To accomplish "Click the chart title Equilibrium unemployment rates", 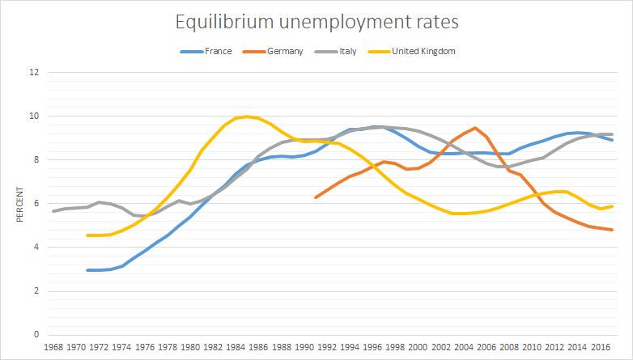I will click(x=316, y=22).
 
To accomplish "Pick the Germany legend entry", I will click(x=283, y=51).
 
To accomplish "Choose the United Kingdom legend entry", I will click(x=423, y=51).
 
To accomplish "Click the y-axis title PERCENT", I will click(x=17, y=203).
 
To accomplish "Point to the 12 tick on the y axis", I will click(x=33, y=72).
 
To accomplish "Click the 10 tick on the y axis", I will click(x=33, y=116).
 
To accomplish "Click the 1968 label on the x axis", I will click(x=54, y=347).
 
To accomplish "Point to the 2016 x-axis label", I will click(x=600, y=347).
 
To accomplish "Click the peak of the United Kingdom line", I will click(x=247, y=116).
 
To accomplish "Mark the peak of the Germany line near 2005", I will click(x=474, y=128).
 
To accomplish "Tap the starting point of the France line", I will click(x=88, y=270).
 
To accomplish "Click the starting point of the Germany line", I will click(x=316, y=197).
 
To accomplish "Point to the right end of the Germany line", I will click(x=611, y=230).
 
